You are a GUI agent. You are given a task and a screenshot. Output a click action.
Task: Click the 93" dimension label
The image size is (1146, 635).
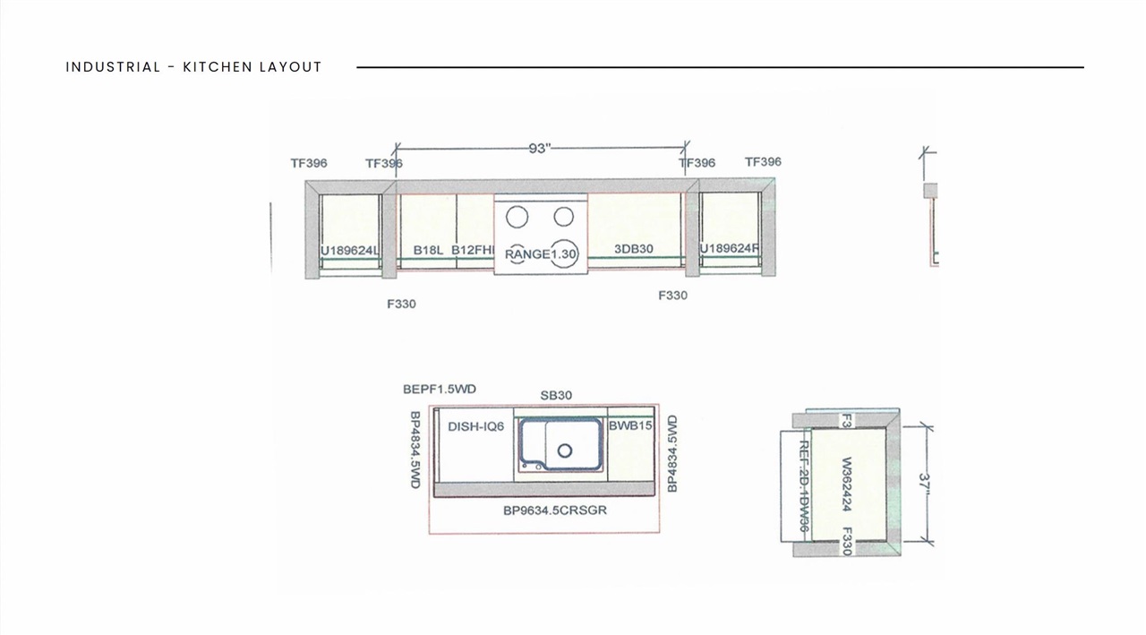[x=538, y=149]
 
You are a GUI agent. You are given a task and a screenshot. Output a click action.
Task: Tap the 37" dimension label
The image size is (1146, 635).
[x=924, y=485]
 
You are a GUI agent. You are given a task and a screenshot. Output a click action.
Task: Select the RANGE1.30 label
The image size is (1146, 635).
[x=541, y=254]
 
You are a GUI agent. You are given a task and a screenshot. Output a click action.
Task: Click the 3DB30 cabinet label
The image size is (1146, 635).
[x=633, y=249]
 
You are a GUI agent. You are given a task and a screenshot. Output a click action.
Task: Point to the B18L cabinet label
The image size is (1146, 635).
[x=428, y=250]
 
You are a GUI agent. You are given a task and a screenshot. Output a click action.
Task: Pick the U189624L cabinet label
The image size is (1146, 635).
[x=350, y=250]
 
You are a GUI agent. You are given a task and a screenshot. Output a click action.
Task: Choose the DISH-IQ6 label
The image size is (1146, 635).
[x=475, y=426]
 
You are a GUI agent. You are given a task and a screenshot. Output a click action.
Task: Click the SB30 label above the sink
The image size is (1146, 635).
[x=556, y=395]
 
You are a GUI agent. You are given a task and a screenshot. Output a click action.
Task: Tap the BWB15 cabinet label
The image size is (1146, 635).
[x=630, y=425]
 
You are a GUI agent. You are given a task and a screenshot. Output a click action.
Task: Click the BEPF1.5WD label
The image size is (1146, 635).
[x=440, y=389]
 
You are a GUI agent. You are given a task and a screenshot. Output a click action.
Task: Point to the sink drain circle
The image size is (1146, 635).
[x=565, y=451]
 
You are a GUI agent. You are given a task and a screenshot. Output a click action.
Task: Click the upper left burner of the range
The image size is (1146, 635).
[x=517, y=217]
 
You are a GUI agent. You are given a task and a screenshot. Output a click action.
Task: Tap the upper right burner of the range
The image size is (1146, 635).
[x=563, y=217]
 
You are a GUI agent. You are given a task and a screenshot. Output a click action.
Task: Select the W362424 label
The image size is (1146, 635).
[x=846, y=485]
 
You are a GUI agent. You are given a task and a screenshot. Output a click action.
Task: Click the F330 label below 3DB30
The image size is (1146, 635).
[x=672, y=295]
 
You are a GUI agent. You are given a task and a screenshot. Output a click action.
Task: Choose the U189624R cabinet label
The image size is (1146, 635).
[x=729, y=248]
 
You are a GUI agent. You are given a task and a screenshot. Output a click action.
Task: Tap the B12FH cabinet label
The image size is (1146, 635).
[x=472, y=250]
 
